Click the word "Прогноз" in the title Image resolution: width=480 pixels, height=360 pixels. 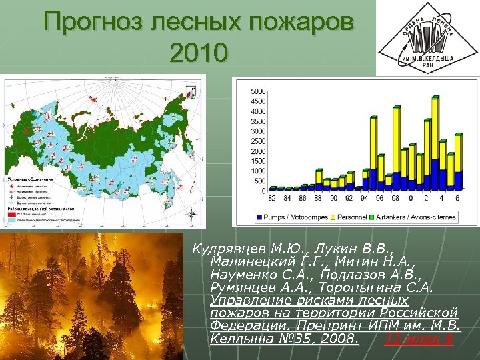(97, 23)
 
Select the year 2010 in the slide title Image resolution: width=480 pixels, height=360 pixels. (199, 52)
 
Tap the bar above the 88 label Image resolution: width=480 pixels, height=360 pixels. (319, 179)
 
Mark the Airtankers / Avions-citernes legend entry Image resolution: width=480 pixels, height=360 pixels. (419, 217)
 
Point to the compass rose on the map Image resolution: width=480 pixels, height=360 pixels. (191, 214)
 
